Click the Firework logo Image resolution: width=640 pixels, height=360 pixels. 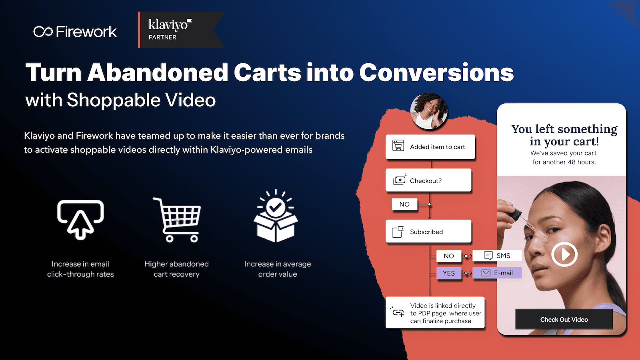point(75,32)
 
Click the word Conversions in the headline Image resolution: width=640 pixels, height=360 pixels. point(436,73)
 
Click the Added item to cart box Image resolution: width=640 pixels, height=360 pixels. point(430,147)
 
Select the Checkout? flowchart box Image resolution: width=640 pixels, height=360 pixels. point(428,180)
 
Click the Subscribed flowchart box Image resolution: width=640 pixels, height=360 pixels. point(428,232)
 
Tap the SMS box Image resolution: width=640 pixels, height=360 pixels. point(497,256)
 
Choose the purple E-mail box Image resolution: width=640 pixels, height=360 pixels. point(497,273)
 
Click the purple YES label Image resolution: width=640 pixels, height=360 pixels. point(449,273)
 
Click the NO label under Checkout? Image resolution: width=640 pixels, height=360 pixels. point(404,204)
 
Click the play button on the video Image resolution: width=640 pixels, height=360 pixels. point(564,254)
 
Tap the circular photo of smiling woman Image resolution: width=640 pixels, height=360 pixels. point(429,111)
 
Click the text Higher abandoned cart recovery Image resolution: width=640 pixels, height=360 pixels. point(176,269)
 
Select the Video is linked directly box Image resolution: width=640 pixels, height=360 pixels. point(435,313)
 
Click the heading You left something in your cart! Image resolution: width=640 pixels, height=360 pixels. point(564,135)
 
